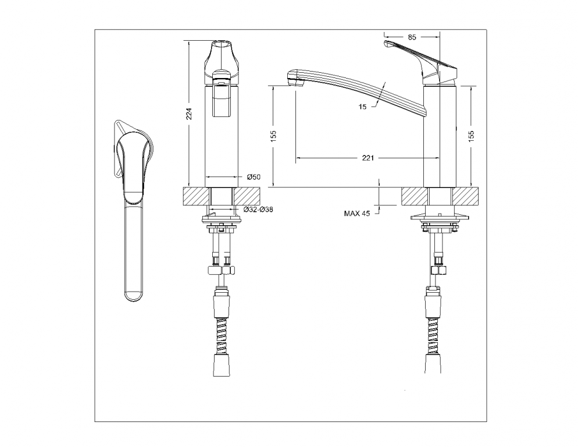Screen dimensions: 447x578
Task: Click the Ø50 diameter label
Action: (253, 176)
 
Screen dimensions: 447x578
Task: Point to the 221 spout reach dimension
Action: (368, 158)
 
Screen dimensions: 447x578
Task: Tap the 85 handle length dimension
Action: (412, 37)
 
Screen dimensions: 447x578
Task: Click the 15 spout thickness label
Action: (362, 107)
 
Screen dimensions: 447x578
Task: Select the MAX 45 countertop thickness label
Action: (356, 214)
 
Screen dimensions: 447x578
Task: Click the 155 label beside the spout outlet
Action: (273, 135)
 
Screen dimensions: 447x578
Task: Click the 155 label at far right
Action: (471, 135)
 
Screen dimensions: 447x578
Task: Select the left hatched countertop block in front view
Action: (195, 196)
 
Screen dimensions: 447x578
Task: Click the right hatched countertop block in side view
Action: (467, 196)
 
